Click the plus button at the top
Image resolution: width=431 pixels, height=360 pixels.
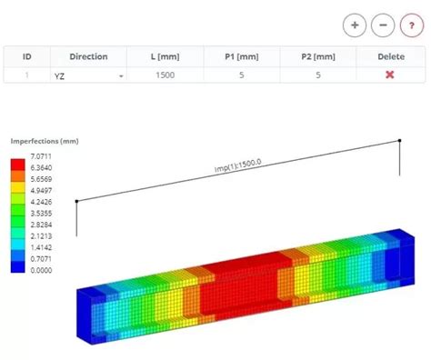pos(355,25)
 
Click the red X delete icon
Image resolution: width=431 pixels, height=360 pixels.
pos(389,75)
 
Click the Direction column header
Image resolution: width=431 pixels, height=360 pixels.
pos(88,56)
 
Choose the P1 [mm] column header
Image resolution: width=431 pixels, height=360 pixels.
pos(241,56)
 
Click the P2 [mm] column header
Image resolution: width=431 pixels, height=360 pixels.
pos(318,56)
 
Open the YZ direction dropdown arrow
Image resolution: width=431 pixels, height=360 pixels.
pos(120,76)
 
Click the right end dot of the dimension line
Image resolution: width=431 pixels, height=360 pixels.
pos(399,140)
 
